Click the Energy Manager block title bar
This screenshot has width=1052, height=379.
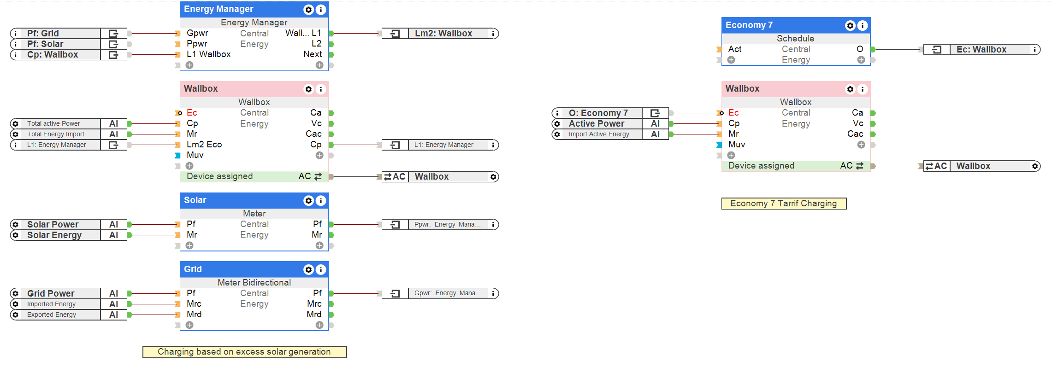coord(240,9)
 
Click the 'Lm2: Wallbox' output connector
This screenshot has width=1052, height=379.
coord(443,34)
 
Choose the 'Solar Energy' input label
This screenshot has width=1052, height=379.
coord(54,235)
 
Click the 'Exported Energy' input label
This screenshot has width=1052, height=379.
coord(52,315)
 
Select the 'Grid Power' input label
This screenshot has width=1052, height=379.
coord(51,293)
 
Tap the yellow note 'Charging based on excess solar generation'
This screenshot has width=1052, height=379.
coord(244,352)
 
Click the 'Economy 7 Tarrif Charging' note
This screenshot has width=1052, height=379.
coord(783,204)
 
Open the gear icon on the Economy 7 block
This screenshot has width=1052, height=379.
coord(850,26)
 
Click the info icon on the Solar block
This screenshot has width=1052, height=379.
coord(321,201)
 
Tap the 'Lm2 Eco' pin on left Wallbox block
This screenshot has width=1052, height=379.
coord(204,145)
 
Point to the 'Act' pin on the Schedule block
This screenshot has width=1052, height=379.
coord(735,49)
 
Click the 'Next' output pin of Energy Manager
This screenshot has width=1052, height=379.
coord(313,54)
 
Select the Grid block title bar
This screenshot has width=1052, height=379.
coord(240,269)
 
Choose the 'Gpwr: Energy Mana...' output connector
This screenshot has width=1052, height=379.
coord(447,293)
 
